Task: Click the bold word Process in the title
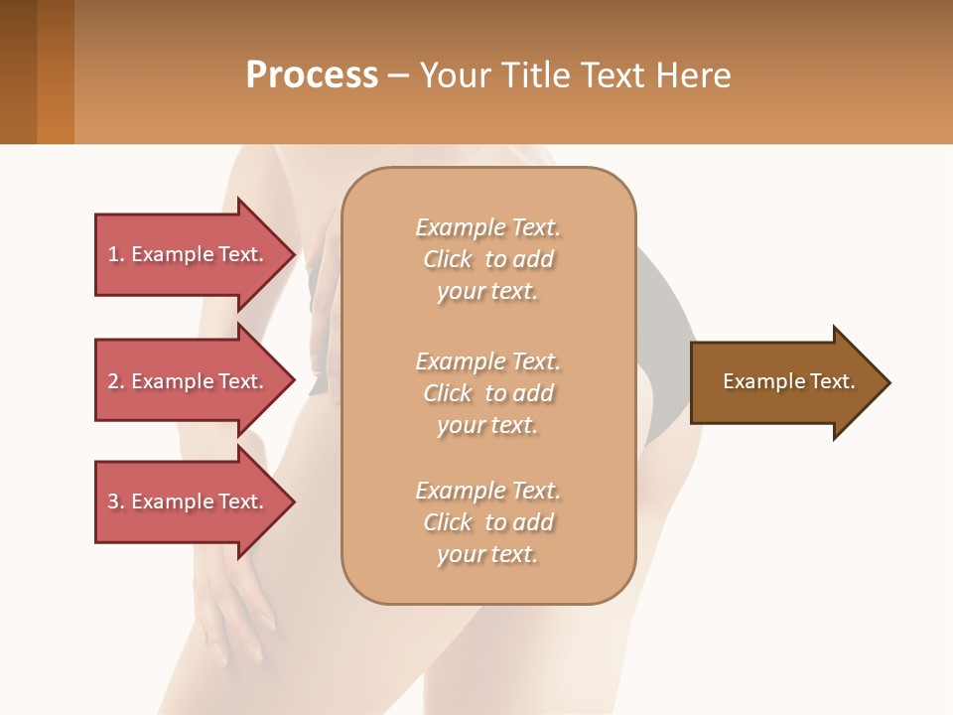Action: tap(312, 75)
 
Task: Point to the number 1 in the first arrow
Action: tap(113, 254)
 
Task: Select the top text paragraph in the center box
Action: tap(487, 259)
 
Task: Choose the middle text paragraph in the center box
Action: tap(487, 392)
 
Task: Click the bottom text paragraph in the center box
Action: tap(487, 522)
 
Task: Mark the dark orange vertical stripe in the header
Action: tap(55, 71)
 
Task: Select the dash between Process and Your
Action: tap(398, 76)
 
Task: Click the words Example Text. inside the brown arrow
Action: tap(788, 381)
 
